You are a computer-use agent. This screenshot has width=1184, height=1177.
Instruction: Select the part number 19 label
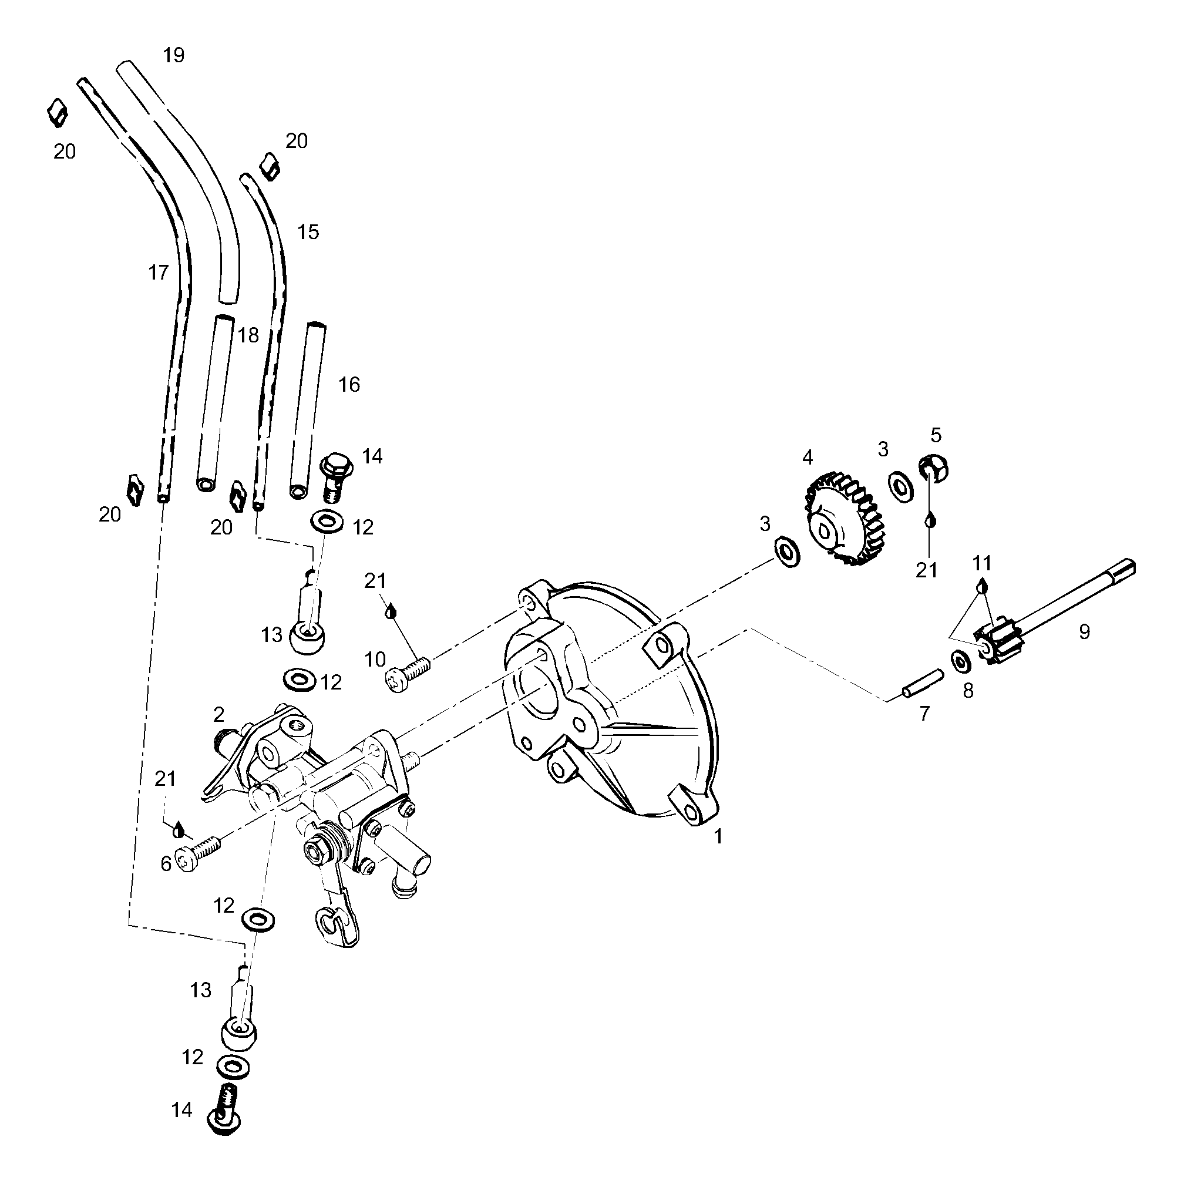(x=173, y=55)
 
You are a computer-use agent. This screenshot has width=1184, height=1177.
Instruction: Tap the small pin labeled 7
(x=923, y=682)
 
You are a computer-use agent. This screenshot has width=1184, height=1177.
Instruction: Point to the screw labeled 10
(x=408, y=671)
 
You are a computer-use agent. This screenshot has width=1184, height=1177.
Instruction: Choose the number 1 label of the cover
(x=718, y=836)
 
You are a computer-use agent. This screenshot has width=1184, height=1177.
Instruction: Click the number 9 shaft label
(x=1084, y=632)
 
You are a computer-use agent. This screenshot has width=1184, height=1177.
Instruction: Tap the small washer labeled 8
(x=960, y=661)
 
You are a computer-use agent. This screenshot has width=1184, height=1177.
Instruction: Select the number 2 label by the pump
(x=219, y=714)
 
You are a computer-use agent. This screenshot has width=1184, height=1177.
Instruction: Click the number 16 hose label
(x=349, y=385)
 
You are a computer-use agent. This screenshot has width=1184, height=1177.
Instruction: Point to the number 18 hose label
(x=248, y=335)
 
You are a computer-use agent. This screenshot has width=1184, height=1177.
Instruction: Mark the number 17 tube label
(x=158, y=273)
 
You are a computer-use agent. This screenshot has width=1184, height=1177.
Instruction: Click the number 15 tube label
(x=308, y=231)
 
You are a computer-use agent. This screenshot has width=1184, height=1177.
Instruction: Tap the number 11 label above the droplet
(x=982, y=563)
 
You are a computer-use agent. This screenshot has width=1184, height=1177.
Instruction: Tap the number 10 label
(x=375, y=659)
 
